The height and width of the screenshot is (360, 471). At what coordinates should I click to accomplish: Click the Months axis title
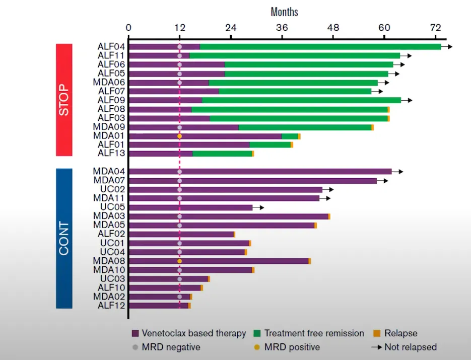pos(284,12)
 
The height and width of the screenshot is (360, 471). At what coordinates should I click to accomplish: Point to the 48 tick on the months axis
pos(333,28)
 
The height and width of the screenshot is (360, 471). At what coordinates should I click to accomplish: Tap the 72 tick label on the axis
pos(436,28)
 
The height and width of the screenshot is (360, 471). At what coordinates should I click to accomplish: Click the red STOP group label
pos(64,100)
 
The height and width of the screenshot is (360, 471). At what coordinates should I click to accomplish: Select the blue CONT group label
pos(64,238)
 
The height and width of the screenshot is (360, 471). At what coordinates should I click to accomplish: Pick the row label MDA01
pos(109,136)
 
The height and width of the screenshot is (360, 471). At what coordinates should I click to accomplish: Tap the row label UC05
pos(112,207)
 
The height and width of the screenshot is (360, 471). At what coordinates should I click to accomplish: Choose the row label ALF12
pos(111,305)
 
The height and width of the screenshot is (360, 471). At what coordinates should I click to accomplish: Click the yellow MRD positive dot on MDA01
pos(179,136)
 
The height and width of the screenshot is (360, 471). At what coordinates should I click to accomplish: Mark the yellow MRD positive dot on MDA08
pos(179,261)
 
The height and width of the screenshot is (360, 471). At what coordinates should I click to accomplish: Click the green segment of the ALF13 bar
pos(222,154)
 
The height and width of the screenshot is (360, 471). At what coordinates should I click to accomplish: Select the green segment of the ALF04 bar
pos(320,47)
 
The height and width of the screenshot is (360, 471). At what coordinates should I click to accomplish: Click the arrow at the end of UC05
pos(258,207)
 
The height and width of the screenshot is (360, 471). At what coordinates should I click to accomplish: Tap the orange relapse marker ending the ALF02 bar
pos(234,234)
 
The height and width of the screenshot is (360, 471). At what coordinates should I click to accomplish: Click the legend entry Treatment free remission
pos(313,333)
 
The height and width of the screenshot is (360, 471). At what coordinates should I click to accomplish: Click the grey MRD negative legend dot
pos(134,347)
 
